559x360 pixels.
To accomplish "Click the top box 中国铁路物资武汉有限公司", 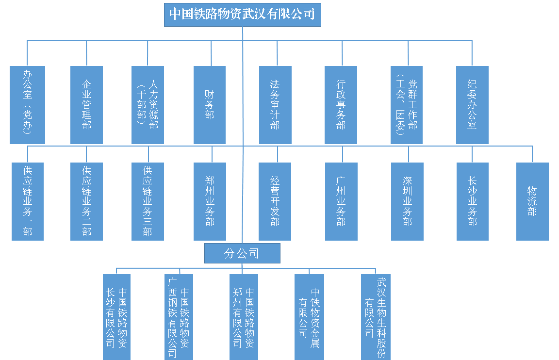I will (x=242, y=15).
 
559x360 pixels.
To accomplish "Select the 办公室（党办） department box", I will (x=27, y=105).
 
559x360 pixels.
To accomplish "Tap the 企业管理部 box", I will (x=86, y=105).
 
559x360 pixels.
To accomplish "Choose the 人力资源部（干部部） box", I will (x=148, y=105).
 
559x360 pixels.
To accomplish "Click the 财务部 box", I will (x=210, y=105).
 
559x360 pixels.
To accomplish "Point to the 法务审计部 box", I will (x=275, y=105).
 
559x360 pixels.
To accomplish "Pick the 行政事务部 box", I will (x=341, y=105).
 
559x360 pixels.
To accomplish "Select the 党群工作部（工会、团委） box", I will (x=407, y=105).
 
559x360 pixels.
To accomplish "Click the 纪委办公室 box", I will (x=472, y=105).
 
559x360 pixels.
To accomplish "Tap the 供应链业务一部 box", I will (x=28, y=201).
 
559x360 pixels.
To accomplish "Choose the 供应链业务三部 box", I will (x=148, y=201).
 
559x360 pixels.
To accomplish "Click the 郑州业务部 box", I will (x=210, y=201).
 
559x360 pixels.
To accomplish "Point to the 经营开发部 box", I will (x=275, y=201).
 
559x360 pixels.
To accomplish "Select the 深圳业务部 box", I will (x=407, y=201).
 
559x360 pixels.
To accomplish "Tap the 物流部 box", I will (x=532, y=201).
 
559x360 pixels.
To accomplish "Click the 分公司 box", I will (x=242, y=253).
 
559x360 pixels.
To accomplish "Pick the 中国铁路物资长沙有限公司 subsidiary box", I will (x=116, y=317).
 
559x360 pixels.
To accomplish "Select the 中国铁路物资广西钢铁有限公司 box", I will (x=179, y=317).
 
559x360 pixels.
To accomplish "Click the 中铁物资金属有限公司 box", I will (x=309, y=317).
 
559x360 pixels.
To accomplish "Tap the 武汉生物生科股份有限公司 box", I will (x=376, y=317).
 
